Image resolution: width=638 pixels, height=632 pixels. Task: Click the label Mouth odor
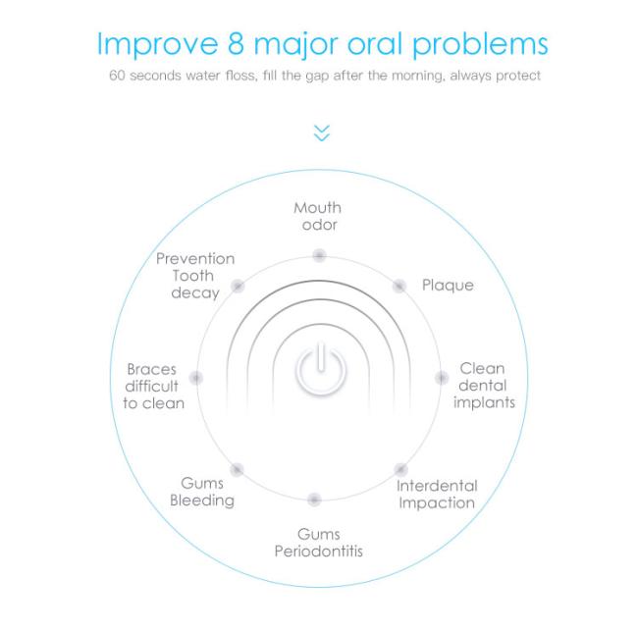click(x=318, y=216)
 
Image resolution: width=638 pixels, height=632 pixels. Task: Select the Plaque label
click(x=448, y=286)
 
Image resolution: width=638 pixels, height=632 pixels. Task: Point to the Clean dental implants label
click(x=483, y=386)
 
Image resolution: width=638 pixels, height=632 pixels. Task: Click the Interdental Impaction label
click(x=437, y=495)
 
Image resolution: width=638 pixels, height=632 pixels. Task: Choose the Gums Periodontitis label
click(x=318, y=543)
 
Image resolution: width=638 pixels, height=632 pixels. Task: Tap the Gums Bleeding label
click(x=202, y=492)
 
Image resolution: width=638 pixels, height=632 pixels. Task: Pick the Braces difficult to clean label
click(x=153, y=387)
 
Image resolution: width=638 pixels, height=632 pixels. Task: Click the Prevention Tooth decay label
click(x=195, y=276)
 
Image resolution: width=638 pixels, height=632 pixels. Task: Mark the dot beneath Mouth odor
click(x=319, y=255)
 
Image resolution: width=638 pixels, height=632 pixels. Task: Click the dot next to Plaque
click(x=399, y=286)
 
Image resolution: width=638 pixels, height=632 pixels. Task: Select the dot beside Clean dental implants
click(x=442, y=378)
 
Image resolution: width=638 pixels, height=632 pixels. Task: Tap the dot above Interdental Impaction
click(x=400, y=469)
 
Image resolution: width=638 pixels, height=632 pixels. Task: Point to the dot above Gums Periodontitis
click(x=314, y=500)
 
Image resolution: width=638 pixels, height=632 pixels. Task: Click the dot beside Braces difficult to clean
click(x=196, y=378)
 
